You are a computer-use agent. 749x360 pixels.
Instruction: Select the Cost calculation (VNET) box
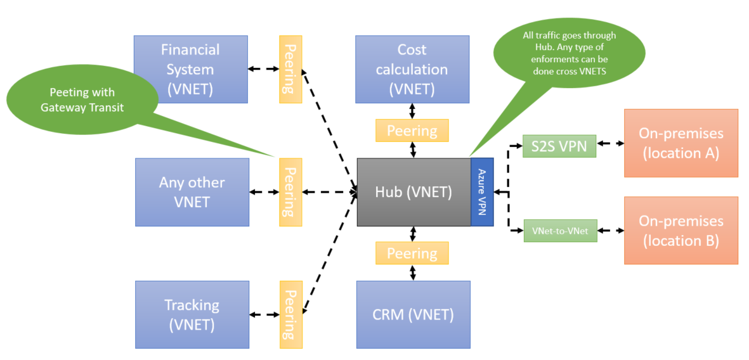[x=412, y=69]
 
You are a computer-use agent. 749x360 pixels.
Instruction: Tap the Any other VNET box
[x=192, y=192]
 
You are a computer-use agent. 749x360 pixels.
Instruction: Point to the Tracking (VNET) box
[x=192, y=315]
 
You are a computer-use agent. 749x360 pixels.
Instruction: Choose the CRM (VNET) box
[x=413, y=314]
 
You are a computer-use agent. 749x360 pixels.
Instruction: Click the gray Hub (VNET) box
[x=414, y=192]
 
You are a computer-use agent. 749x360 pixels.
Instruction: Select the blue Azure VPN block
[x=482, y=192]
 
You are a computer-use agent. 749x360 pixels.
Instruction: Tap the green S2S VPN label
[x=559, y=146]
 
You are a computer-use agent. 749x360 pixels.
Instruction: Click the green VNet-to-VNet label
[x=561, y=231]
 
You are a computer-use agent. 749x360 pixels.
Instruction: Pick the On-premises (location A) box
[x=681, y=143]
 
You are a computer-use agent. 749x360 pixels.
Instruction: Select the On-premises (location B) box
[x=681, y=230]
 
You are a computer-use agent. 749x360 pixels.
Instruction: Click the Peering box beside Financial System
[x=290, y=69]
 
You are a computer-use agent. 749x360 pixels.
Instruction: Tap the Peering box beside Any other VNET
[x=290, y=192]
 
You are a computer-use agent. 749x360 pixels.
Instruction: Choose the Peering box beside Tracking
[x=290, y=315]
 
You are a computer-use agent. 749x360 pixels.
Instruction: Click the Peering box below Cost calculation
[x=412, y=131]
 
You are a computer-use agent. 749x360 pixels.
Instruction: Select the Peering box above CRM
[x=412, y=254]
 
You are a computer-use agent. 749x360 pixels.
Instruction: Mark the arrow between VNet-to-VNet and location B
[x=611, y=231]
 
